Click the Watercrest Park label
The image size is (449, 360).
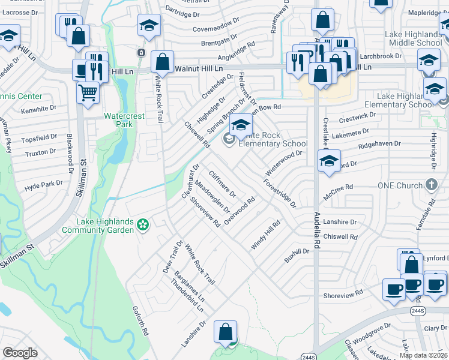(118, 120)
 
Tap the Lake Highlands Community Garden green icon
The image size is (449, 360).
(143, 225)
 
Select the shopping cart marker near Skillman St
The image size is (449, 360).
(88, 94)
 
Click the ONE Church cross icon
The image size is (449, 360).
(431, 185)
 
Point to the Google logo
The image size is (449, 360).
(20, 353)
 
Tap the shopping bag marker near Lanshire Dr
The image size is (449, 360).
(225, 332)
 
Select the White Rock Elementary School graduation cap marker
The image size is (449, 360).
(241, 126)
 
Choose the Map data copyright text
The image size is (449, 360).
(424, 355)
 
